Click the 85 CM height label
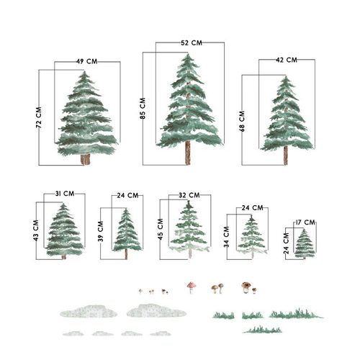click(x=143, y=108)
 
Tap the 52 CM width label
click(x=192, y=43)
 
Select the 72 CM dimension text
click(x=39, y=117)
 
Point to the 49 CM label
click(x=87, y=61)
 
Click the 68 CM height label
click(x=242, y=121)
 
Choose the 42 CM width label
click(x=287, y=60)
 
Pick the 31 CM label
click(x=65, y=194)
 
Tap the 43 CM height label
click(x=36, y=230)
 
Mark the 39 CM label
click(x=101, y=231)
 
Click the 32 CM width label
click(x=189, y=195)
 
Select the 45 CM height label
click(x=161, y=229)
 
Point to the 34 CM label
click(x=227, y=237)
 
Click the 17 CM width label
click(x=305, y=222)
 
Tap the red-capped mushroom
click(x=192, y=287)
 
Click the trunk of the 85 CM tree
click(x=188, y=153)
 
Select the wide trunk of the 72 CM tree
click(x=85, y=159)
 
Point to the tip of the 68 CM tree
click(x=286, y=76)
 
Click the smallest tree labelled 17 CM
click(x=305, y=244)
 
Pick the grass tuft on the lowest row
click(x=262, y=330)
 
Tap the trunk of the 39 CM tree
click(x=126, y=254)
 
